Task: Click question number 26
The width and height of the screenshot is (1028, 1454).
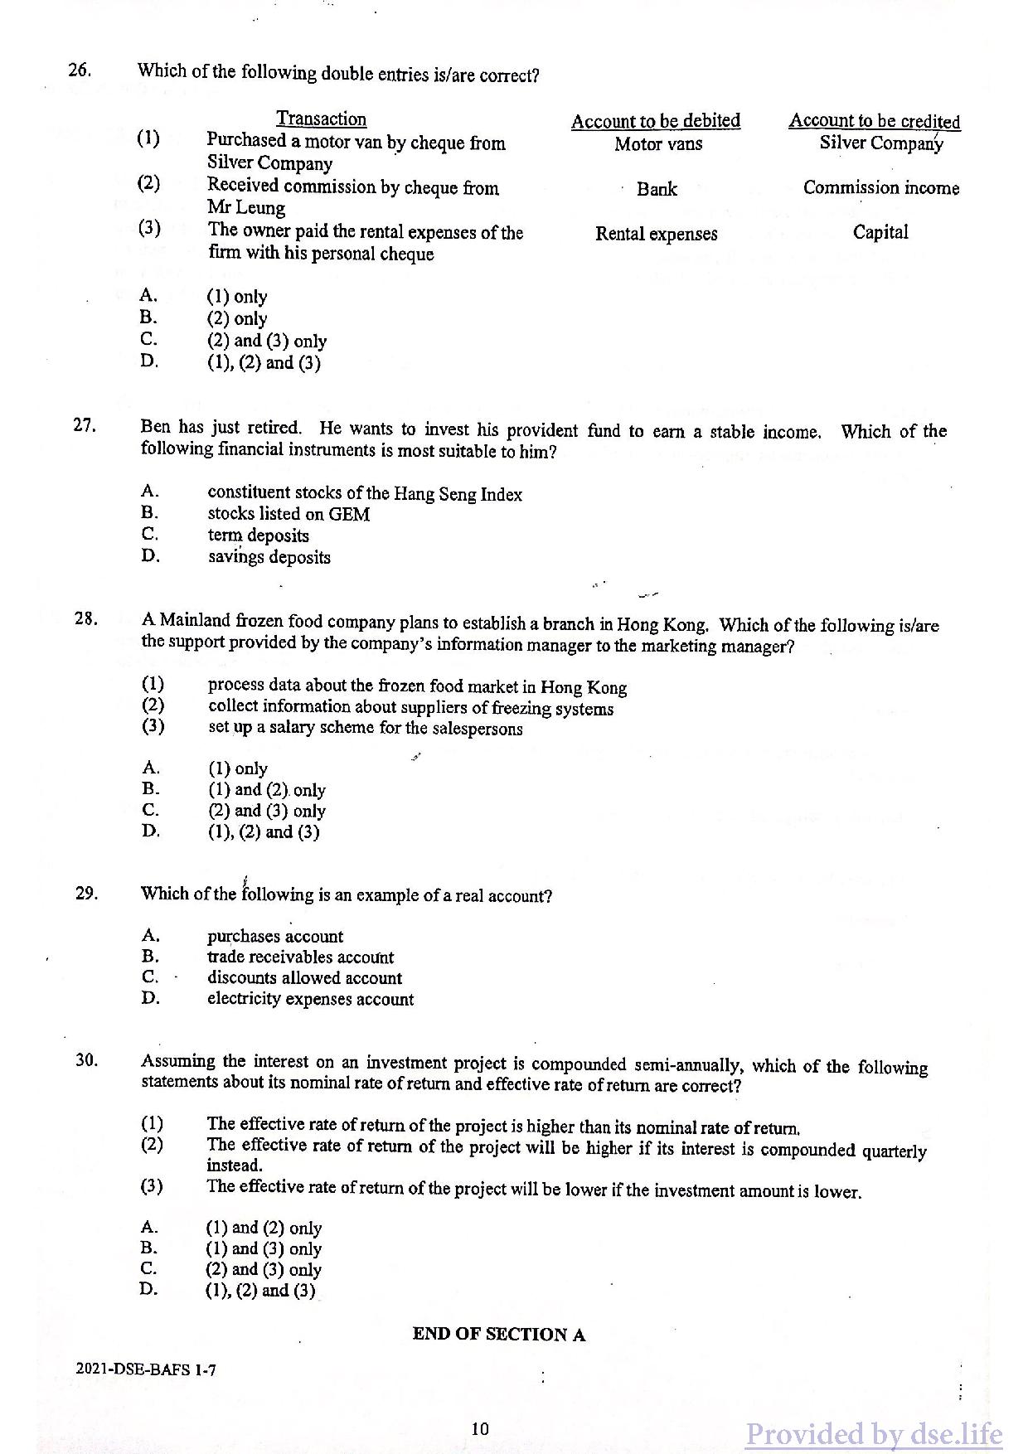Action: pyautogui.click(x=80, y=70)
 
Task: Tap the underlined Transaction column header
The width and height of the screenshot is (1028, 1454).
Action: pyautogui.click(x=321, y=119)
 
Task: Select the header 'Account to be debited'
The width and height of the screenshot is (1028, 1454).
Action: pyautogui.click(x=655, y=121)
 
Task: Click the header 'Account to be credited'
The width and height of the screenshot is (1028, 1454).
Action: pyautogui.click(x=874, y=121)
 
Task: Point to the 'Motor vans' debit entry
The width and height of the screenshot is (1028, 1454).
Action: pyautogui.click(x=658, y=144)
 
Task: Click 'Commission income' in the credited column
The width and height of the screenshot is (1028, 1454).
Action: pyautogui.click(x=880, y=188)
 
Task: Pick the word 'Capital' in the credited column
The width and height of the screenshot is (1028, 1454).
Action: pyautogui.click(x=880, y=232)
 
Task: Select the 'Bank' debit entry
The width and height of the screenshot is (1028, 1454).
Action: pyautogui.click(x=657, y=189)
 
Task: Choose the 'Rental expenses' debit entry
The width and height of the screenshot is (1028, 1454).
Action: pyautogui.click(x=656, y=234)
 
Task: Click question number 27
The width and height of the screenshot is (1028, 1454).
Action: pyautogui.click(x=85, y=426)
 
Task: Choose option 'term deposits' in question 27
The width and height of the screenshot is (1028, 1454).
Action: pyautogui.click(x=258, y=536)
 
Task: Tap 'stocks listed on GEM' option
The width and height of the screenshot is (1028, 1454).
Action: pyautogui.click(x=289, y=514)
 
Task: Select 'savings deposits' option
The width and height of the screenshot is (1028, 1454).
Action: pyautogui.click(x=269, y=557)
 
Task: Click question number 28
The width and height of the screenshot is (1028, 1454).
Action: pyautogui.click(x=85, y=618)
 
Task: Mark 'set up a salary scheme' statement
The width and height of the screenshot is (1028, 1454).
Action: pyautogui.click(x=365, y=728)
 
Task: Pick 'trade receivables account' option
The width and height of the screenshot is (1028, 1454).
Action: pyautogui.click(x=300, y=957)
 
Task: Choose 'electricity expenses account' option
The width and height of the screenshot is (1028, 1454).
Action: pyautogui.click(x=310, y=1000)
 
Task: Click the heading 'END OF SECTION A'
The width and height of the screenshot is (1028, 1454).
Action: pyautogui.click(x=498, y=1334)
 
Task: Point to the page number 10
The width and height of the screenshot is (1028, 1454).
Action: pyautogui.click(x=480, y=1428)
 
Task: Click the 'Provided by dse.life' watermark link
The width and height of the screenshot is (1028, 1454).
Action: pyautogui.click(x=873, y=1433)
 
